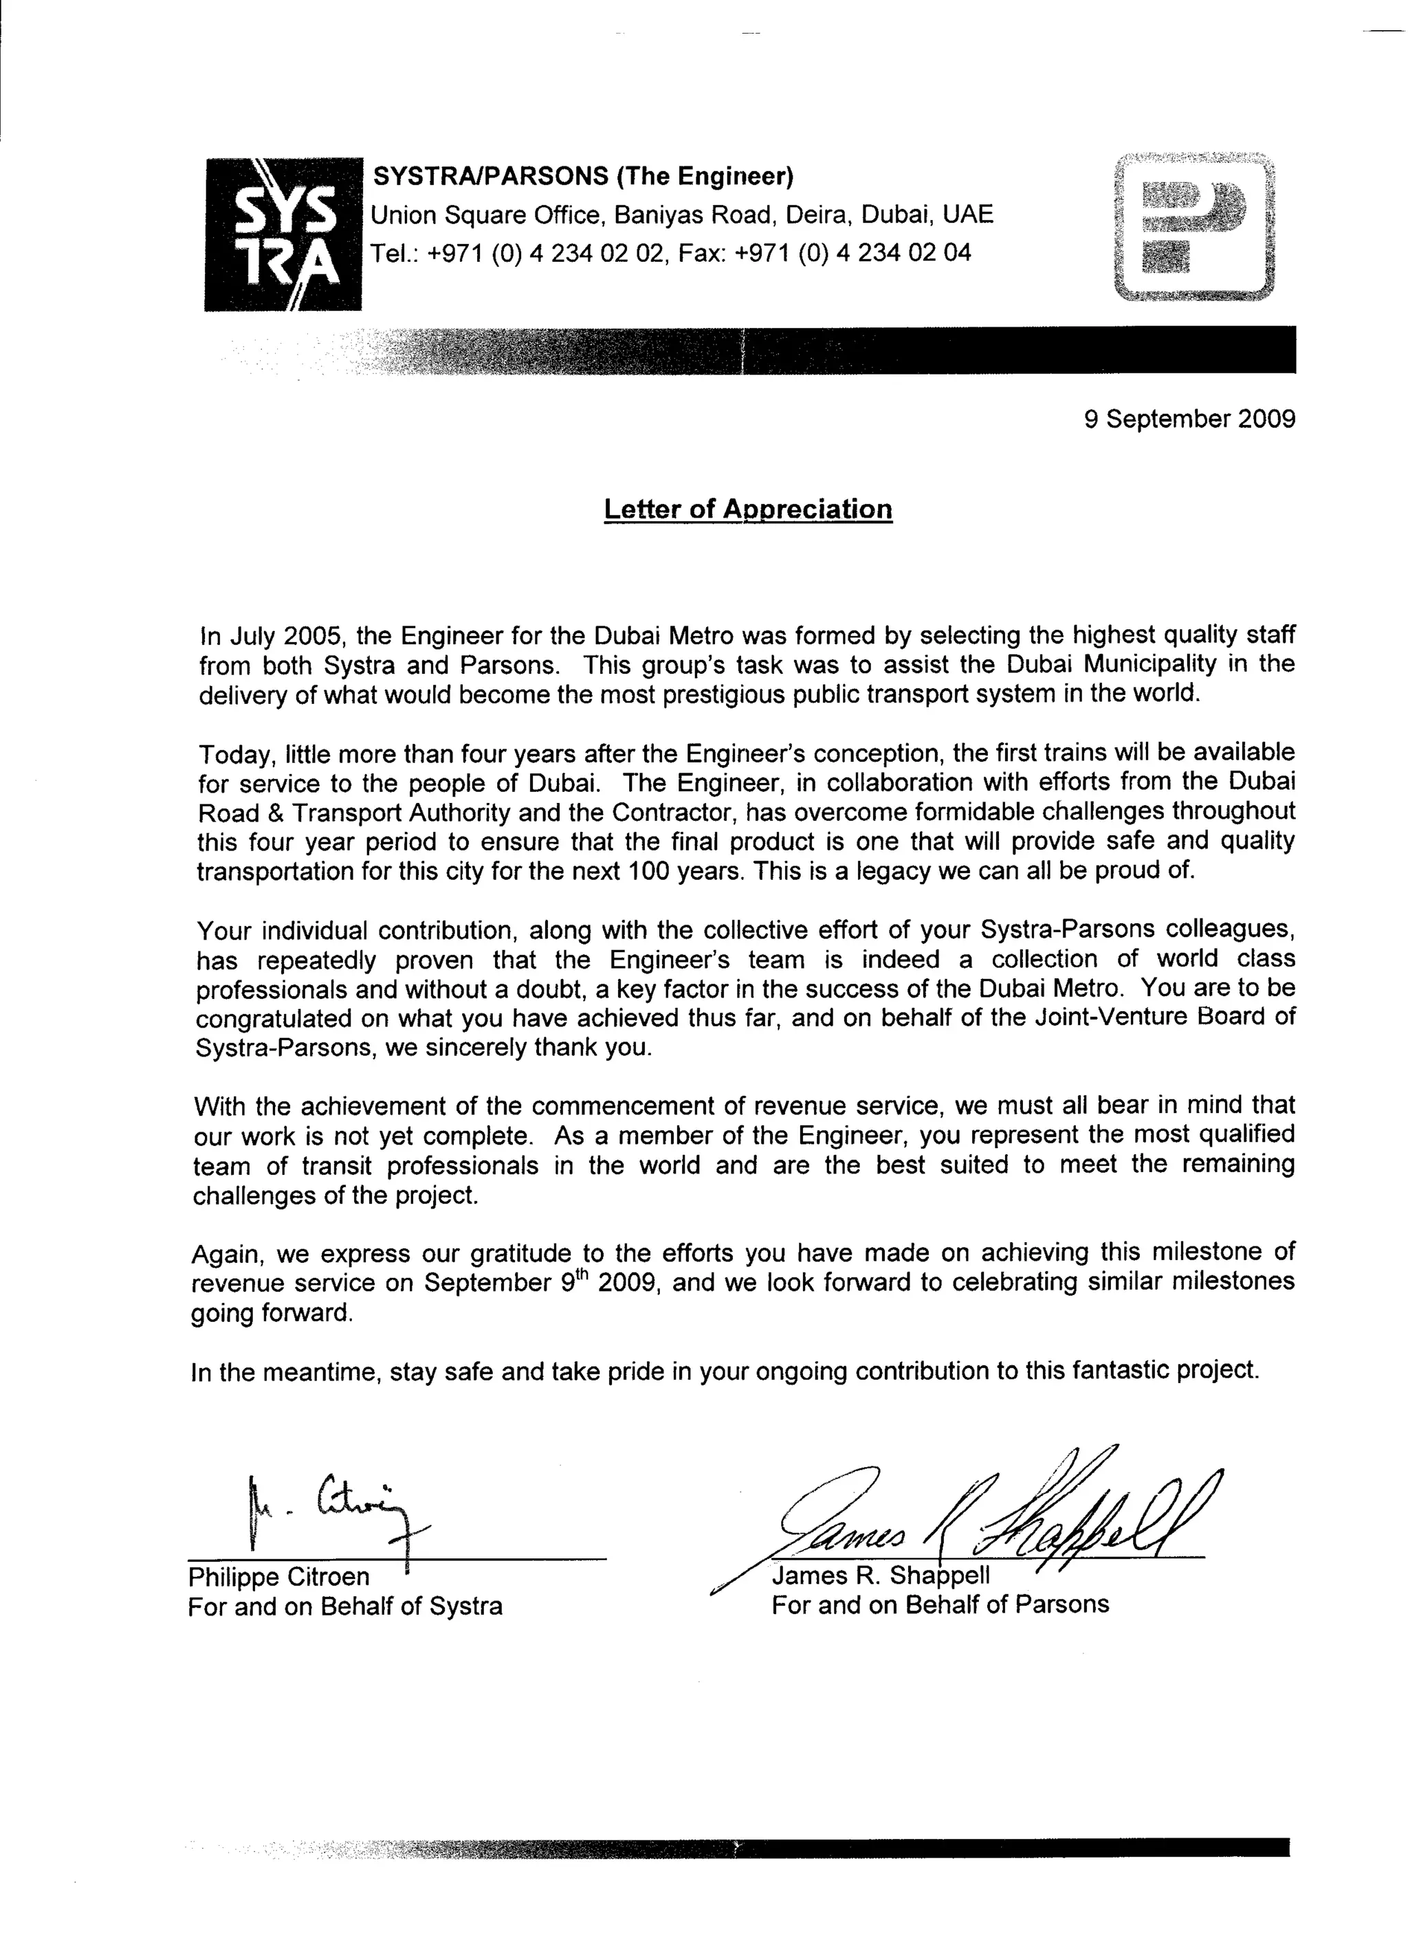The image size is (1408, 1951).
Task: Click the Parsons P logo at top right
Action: coord(1193,227)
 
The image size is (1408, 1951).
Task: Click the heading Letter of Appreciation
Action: coord(747,509)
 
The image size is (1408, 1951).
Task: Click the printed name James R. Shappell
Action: coord(881,1575)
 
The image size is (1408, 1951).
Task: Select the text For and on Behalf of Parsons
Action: coord(940,1605)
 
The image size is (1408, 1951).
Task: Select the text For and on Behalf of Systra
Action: coord(345,1606)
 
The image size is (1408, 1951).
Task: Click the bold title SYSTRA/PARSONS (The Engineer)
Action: coord(582,177)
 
